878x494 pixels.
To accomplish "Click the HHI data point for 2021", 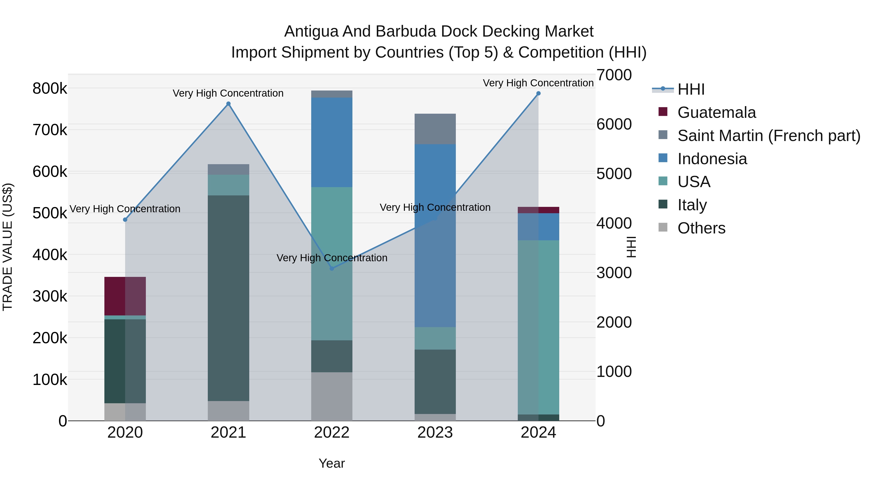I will [x=228, y=104].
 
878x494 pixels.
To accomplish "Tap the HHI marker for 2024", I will [x=539, y=93].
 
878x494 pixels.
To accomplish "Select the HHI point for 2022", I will [x=332, y=269].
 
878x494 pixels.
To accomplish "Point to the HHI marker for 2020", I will [x=125, y=220].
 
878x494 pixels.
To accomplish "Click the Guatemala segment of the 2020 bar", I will [x=125, y=296].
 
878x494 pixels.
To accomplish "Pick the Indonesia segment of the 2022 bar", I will [x=332, y=142].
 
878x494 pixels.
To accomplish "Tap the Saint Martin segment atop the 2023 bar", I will [x=435, y=129].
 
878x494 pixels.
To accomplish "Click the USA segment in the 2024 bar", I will [x=539, y=327].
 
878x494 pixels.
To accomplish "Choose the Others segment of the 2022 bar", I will [x=332, y=396].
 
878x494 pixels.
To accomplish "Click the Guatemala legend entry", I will [x=717, y=112].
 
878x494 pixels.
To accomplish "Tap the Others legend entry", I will [x=701, y=228].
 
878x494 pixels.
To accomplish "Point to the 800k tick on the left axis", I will [x=50, y=89].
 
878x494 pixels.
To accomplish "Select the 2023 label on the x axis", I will [x=435, y=433].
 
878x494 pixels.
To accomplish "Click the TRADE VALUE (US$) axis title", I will [x=8, y=247].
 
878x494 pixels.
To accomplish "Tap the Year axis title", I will [x=332, y=463].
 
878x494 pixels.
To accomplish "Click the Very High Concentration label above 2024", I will [x=538, y=83].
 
